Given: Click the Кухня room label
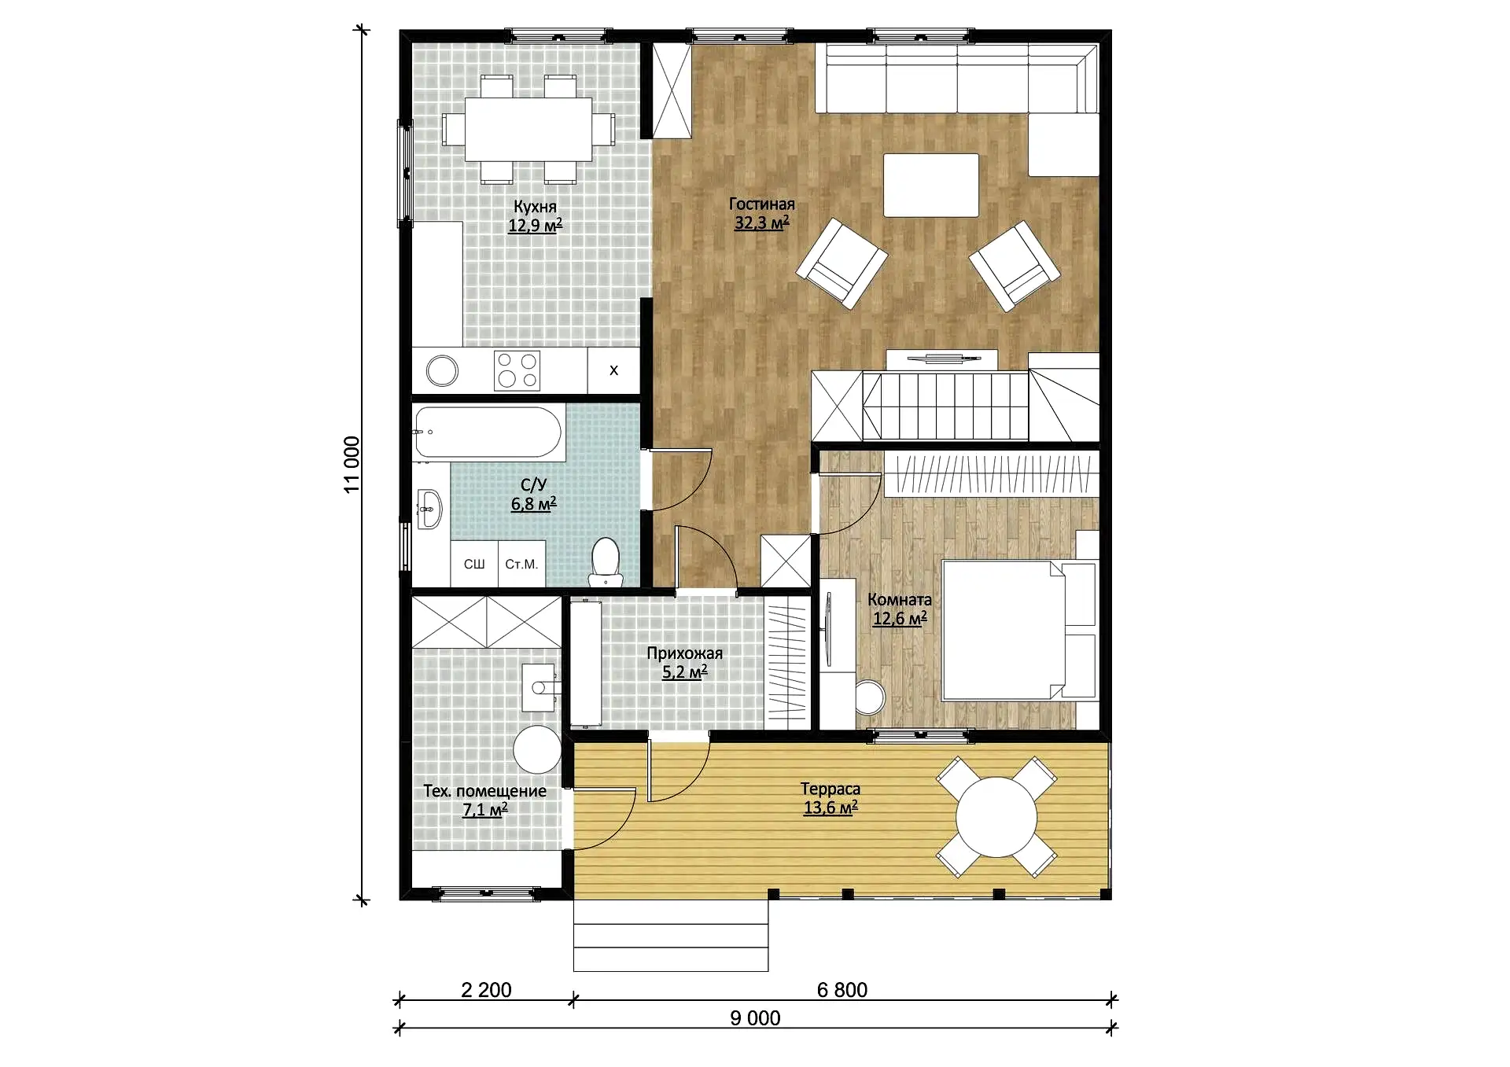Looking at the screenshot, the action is (535, 207).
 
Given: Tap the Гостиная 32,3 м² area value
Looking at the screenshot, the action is (761, 223).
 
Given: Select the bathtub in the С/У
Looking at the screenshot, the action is (488, 432).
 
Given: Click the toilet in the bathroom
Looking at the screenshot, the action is (606, 561).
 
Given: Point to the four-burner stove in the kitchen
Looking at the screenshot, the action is (517, 370).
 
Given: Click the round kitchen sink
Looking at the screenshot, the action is (442, 371).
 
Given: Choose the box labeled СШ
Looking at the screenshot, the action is (474, 564).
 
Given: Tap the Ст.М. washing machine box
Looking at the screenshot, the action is (521, 564).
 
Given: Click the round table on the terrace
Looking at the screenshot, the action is (996, 817).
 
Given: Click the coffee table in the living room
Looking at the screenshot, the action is (931, 186).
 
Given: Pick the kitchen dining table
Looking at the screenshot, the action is (528, 129).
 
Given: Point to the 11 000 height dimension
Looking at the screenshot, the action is (352, 465).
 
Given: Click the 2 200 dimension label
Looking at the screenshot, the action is (486, 990).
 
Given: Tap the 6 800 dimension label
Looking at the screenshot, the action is (842, 990).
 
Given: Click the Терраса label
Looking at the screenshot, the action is (830, 789).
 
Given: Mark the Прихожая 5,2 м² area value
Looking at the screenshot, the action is (685, 672).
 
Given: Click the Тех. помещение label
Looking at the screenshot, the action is (484, 791).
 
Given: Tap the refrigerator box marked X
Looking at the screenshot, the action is (613, 370).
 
